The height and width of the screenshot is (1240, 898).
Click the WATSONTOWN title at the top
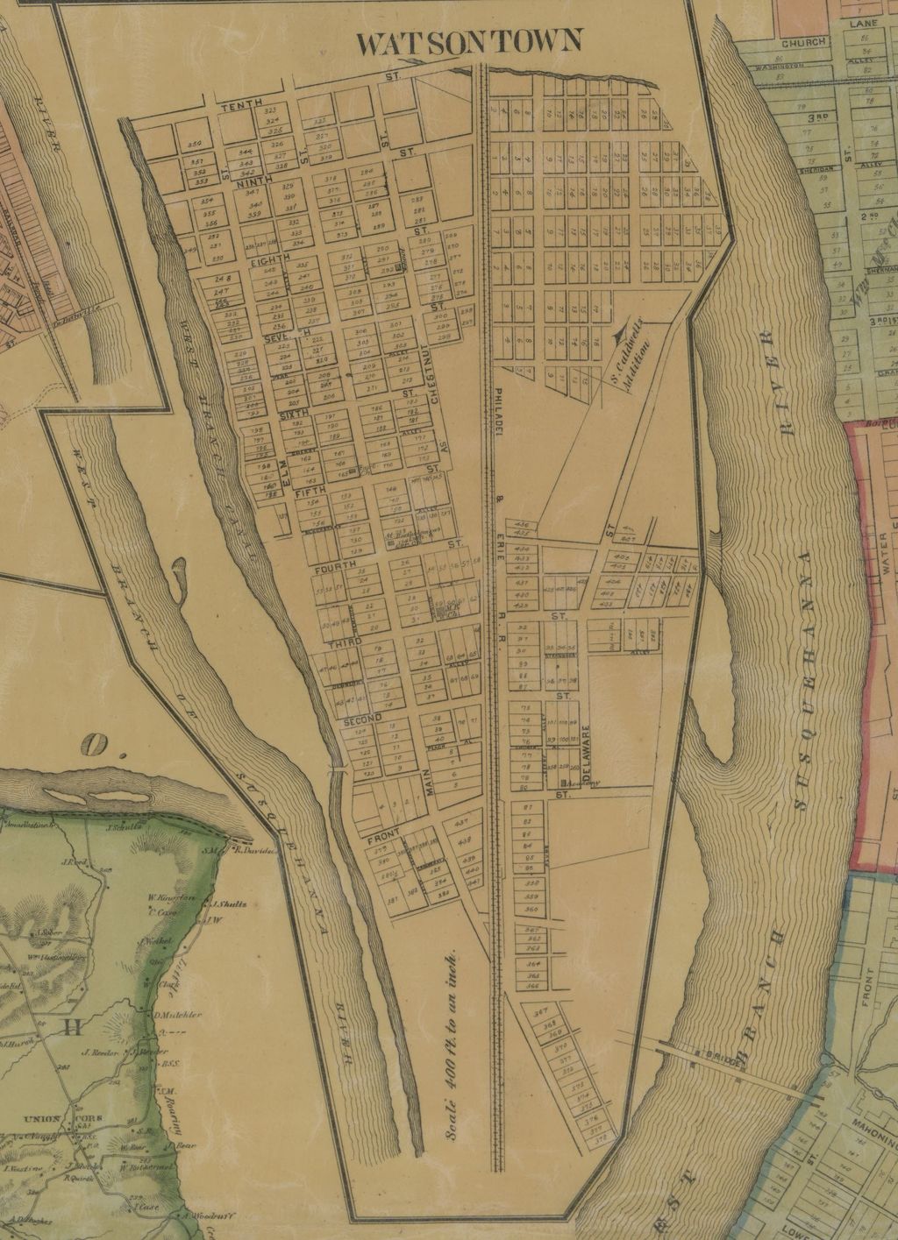(471, 41)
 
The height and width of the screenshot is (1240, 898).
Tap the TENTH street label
(241, 106)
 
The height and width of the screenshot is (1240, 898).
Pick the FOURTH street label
(333, 568)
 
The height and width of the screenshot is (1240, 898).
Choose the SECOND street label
(362, 719)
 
